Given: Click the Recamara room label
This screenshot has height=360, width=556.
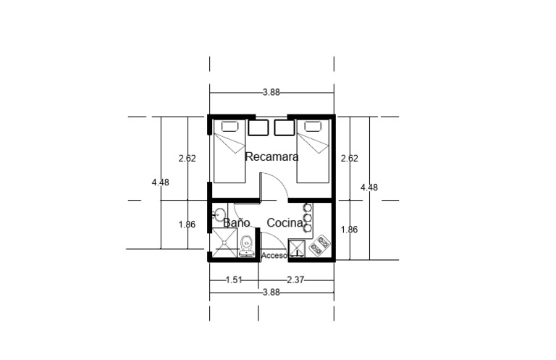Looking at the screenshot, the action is coord(271,156).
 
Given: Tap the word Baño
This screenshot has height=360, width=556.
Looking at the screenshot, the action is coord(237,222).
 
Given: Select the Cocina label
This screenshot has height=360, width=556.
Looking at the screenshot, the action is coord(285,223).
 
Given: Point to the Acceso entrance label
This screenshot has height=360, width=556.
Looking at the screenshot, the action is coord(274,256).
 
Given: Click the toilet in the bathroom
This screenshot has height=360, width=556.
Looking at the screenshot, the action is coord(246,246).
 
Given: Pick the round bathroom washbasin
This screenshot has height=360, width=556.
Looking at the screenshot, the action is coord(219,215).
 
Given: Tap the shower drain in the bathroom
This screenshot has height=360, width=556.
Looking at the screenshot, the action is coord(224,243).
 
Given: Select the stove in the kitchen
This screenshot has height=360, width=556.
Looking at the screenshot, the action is coord(320,245).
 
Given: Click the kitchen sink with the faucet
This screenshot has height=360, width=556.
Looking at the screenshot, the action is coord(297,248).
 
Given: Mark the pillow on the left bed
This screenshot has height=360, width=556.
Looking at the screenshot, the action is coord(229,126).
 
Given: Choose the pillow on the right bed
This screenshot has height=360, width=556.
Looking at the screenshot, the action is coord(313,126).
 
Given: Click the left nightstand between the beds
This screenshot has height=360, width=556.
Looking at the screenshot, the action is coord(258,127).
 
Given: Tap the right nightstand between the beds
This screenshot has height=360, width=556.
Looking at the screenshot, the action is coord(285,127).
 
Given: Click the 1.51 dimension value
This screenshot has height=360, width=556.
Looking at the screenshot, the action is coord(234,280).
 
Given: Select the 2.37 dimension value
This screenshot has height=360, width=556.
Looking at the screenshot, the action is coord(295,280).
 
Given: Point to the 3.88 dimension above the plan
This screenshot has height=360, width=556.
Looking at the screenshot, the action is coord(271,92).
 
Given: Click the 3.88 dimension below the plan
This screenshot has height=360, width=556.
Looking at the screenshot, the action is coord(271,292).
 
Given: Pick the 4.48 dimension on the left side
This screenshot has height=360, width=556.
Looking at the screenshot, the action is coord(160,183).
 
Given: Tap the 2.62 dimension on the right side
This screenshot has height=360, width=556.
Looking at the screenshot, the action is coord(349,158).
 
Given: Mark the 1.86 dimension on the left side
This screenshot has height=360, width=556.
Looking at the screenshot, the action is coord(187,225).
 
